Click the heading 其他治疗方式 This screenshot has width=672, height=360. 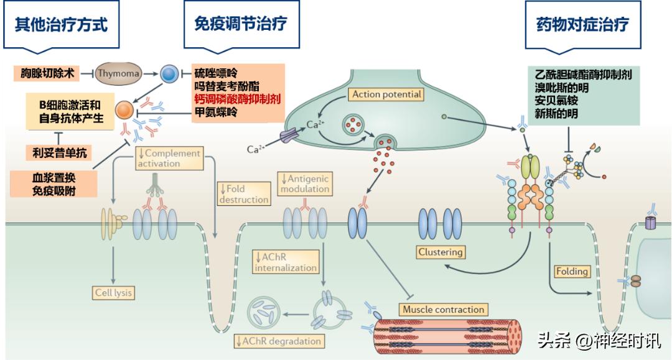[61, 25]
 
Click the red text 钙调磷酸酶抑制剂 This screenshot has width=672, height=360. [236, 99]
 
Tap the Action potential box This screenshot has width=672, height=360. [386, 95]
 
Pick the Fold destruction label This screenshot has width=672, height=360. [243, 193]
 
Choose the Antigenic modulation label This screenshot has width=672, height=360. [304, 183]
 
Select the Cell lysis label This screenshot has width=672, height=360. [114, 292]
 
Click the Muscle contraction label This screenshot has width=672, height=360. [442, 309]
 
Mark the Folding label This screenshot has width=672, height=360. [572, 271]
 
